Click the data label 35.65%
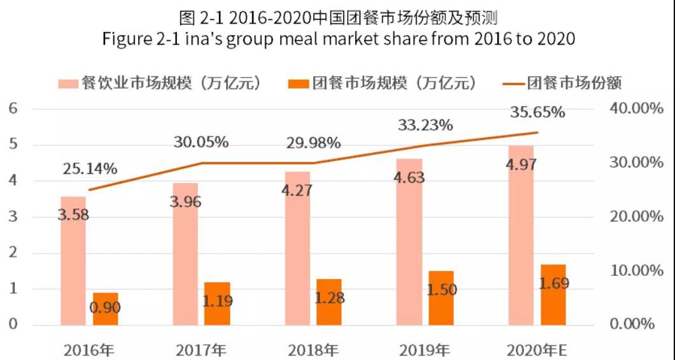pyautogui.click(x=537, y=113)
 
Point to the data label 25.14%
pyautogui.click(x=90, y=169)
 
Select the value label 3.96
pyautogui.click(x=186, y=203)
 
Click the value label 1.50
pyautogui.click(x=441, y=290)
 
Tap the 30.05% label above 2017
pyautogui.click(x=201, y=142)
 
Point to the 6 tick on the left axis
pyautogui.click(x=12, y=109)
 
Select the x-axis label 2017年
pyautogui.click(x=201, y=350)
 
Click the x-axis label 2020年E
pyautogui.click(x=537, y=350)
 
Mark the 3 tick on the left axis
pyautogui.click(x=12, y=217)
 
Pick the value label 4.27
pyautogui.click(x=297, y=190)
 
